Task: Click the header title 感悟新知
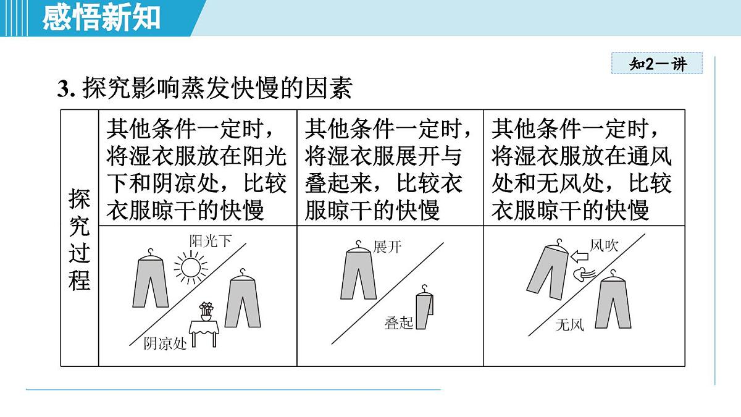(x=101, y=18)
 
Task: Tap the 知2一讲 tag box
(x=657, y=63)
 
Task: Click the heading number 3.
(x=66, y=89)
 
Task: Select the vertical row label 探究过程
(x=80, y=239)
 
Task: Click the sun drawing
(x=191, y=267)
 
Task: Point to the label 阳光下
(x=211, y=242)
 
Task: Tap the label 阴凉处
(x=165, y=344)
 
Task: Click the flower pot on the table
(x=206, y=311)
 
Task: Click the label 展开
(x=387, y=247)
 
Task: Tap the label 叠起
(x=399, y=322)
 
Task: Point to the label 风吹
(x=604, y=246)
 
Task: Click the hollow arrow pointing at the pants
(x=580, y=256)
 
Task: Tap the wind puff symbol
(x=584, y=274)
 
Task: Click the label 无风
(x=569, y=325)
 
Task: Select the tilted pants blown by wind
(x=548, y=270)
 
